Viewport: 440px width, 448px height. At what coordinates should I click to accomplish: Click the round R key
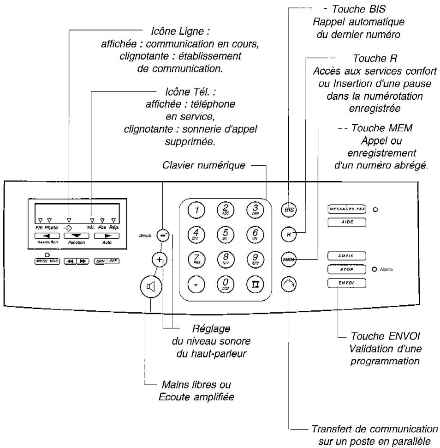[288, 235]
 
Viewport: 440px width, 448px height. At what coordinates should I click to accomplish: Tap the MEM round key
[288, 260]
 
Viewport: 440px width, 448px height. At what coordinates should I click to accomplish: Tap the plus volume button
[159, 260]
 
